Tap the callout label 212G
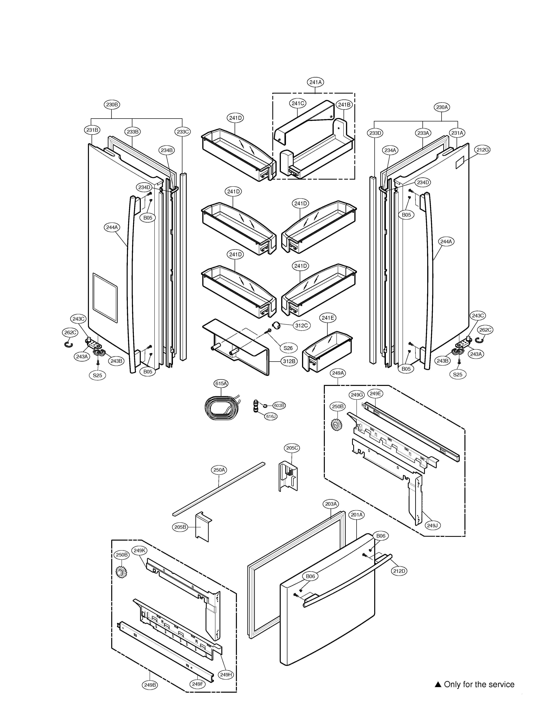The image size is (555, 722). [x=482, y=150]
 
